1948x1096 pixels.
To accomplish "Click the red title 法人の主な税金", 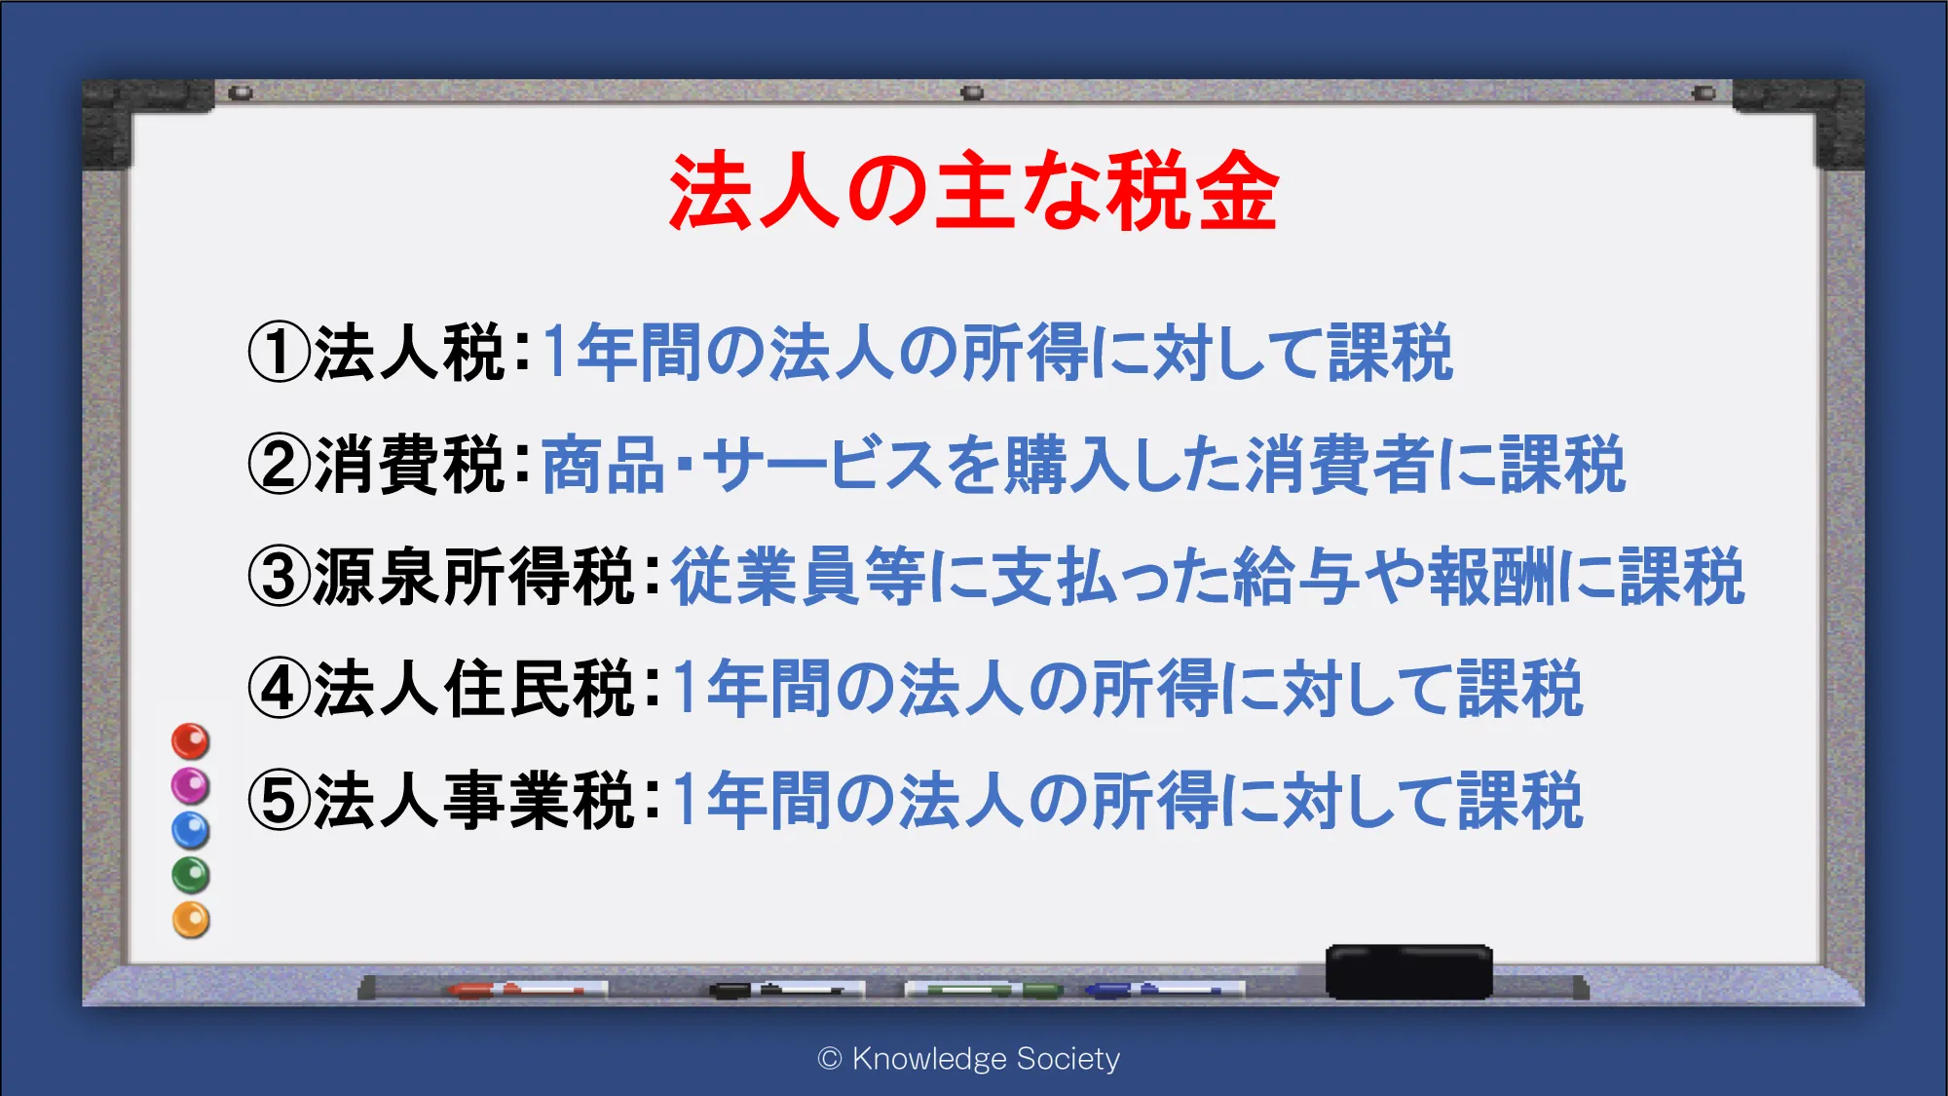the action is click(973, 192).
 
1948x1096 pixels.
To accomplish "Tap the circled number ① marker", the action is click(279, 352).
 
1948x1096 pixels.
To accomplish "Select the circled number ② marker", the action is click(279, 464).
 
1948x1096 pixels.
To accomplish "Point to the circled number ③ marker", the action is click(279, 576).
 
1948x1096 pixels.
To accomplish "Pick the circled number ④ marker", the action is click(279, 689).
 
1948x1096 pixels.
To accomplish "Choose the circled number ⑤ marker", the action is click(279, 801).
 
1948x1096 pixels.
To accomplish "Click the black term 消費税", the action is click(409, 464).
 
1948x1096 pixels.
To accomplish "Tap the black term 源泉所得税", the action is click(474, 576).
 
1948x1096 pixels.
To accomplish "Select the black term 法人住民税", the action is click(474, 689).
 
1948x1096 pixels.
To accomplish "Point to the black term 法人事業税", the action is click(474, 801).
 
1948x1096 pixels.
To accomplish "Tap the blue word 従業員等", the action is click(799, 576).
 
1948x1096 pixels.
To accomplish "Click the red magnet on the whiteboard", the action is click(191, 741).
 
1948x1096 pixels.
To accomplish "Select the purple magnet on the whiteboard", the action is click(191, 785).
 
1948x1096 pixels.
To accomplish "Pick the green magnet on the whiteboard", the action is click(191, 875).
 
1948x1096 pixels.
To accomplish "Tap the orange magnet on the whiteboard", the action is click(191, 920).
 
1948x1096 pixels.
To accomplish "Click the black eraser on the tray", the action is click(1408, 971).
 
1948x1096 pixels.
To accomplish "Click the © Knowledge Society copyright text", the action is click(969, 1059).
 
